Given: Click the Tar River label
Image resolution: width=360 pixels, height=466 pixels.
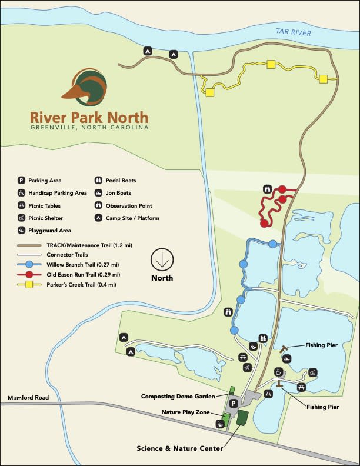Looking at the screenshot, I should click(x=294, y=33).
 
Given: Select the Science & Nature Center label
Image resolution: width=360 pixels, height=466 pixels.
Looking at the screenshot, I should click(x=180, y=448).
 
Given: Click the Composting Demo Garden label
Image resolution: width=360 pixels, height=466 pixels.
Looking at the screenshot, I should click(x=181, y=396).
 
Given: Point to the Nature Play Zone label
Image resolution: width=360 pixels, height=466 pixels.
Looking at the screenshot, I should click(x=186, y=412).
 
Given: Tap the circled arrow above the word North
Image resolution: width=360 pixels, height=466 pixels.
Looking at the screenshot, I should click(x=162, y=259).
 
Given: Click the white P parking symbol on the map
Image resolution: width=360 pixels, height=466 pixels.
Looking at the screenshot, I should click(x=234, y=404).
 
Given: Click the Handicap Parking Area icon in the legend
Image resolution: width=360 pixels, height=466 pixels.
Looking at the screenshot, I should click(x=21, y=193).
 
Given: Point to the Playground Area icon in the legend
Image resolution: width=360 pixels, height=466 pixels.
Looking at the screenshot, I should click(x=21, y=231).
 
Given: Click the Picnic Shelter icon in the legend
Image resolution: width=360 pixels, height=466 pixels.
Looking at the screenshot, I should click(x=21, y=218).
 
